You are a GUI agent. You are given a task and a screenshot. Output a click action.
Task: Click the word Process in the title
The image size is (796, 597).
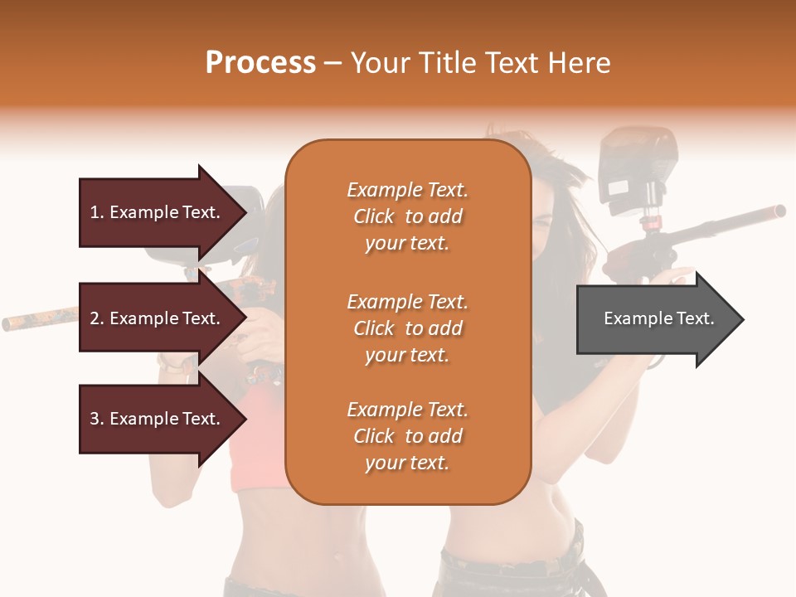click(260, 63)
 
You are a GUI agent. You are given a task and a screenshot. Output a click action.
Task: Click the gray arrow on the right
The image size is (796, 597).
click(659, 319)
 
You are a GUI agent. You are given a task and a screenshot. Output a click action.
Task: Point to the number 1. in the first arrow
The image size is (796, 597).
click(97, 212)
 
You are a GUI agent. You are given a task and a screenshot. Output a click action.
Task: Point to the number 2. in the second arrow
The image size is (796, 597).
click(97, 318)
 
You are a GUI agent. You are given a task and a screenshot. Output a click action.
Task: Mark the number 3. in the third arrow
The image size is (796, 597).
click(97, 419)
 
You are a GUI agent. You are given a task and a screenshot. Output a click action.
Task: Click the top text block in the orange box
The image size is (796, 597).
click(407, 216)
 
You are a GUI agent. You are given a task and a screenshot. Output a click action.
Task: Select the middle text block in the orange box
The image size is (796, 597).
click(407, 328)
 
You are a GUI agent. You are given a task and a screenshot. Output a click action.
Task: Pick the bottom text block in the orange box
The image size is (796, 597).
click(407, 436)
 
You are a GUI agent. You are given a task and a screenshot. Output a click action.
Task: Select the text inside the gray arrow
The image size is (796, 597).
click(659, 318)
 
